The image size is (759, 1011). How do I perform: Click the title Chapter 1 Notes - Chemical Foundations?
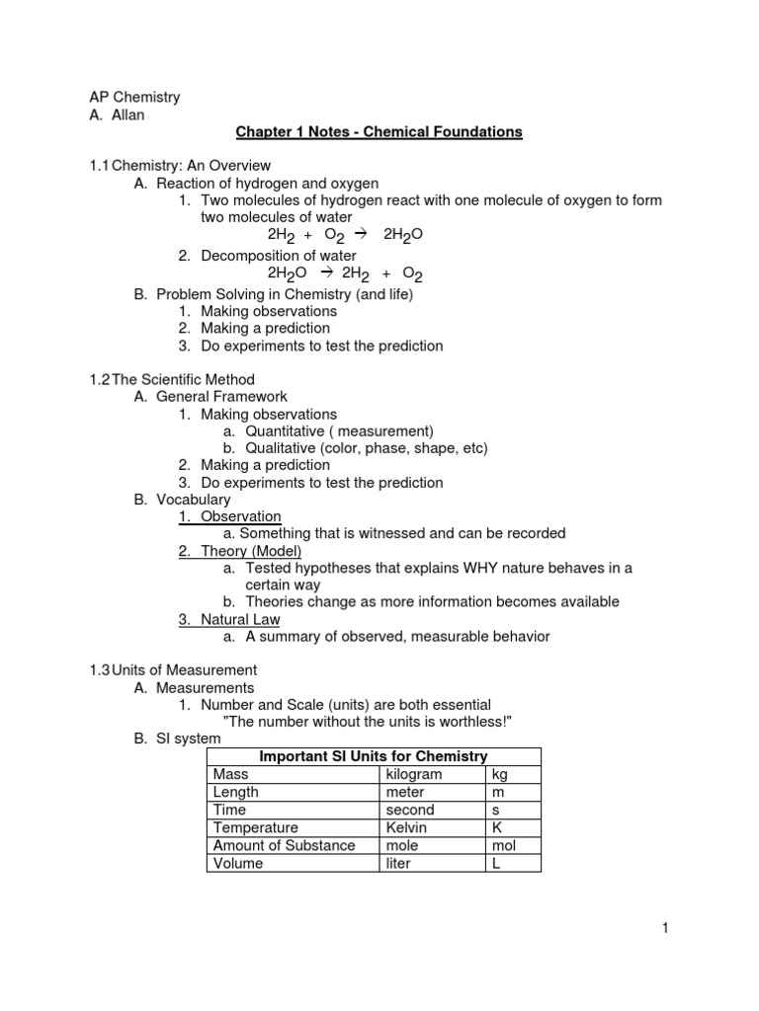[378, 131]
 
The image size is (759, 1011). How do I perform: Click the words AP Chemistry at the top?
[134, 97]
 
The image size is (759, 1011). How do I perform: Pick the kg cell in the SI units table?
[500, 774]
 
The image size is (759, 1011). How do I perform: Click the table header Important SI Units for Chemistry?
[374, 756]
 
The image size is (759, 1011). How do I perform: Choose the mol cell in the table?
[503, 845]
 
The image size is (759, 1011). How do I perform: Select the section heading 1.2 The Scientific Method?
[172, 379]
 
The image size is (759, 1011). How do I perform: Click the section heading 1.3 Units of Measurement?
[173, 669]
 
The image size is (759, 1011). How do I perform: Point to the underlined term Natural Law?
[239, 619]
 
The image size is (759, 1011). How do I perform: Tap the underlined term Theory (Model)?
[251, 551]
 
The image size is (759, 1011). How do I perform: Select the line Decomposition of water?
[278, 256]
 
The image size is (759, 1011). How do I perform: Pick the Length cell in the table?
[236, 792]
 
